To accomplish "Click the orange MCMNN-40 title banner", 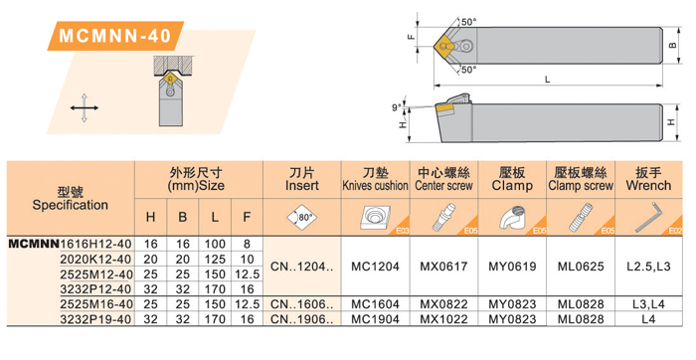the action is click(115, 36).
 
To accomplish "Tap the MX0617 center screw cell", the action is click(443, 267).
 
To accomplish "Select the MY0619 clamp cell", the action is click(512, 267).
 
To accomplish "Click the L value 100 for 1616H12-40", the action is click(215, 244).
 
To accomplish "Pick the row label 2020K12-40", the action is click(96, 259).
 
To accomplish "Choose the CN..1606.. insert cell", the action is click(302, 304).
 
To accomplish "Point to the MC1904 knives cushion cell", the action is click(375, 319).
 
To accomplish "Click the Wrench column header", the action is click(648, 179).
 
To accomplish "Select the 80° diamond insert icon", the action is click(302, 217).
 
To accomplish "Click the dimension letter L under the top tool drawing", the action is click(548, 80).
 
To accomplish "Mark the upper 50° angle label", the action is click(468, 22).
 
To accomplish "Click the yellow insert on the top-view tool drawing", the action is click(443, 46).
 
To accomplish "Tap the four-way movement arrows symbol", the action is click(85, 107).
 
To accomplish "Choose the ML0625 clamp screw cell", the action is click(581, 267).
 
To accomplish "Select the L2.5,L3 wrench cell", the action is click(648, 267).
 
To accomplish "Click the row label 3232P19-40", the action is click(96, 319).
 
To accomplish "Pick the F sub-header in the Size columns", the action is click(247, 217).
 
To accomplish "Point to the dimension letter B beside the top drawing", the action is click(673, 46).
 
